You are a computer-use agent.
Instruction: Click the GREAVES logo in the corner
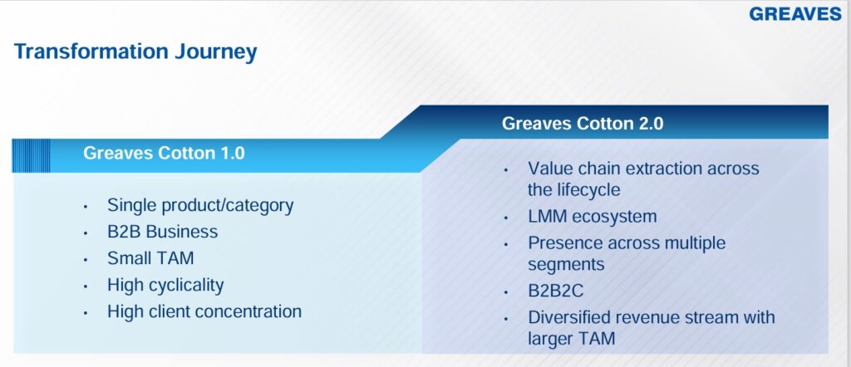point(795,14)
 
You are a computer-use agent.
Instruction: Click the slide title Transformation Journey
point(135,51)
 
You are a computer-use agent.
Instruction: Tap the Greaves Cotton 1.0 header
point(164,153)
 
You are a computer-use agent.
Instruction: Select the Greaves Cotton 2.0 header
point(583,123)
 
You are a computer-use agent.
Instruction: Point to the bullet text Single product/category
point(200,205)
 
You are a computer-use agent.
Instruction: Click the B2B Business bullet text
point(162,232)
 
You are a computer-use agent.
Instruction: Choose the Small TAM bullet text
point(150,258)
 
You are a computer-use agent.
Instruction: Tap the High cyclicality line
point(165,285)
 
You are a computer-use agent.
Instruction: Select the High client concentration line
point(204,311)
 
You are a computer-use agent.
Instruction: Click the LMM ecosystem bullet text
point(592,216)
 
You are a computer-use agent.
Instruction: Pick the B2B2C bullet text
point(556,291)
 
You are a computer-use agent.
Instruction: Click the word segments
point(566,265)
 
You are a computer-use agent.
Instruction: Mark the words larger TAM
point(572,340)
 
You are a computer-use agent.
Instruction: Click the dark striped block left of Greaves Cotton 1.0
point(31,155)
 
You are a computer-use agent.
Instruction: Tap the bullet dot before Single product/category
point(86,207)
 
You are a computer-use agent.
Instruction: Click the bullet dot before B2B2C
point(506,293)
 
